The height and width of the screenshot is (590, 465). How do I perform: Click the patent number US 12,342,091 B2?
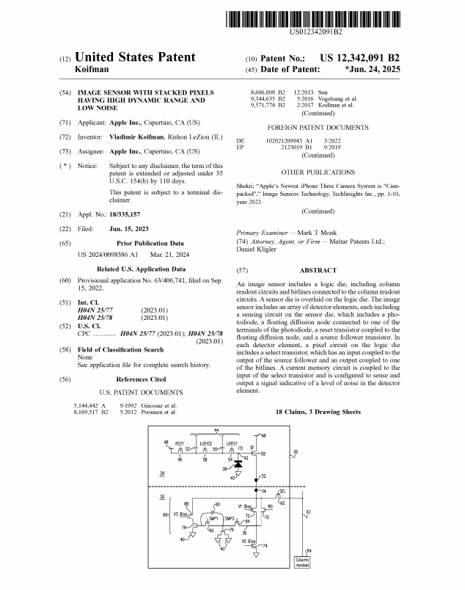tap(359, 58)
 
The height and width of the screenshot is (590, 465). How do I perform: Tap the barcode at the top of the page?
tap(313, 19)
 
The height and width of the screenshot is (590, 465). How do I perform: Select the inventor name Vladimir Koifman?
tap(136, 137)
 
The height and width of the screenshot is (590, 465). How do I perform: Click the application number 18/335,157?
tap(125, 214)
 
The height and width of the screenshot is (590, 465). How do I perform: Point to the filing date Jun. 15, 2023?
tap(128, 229)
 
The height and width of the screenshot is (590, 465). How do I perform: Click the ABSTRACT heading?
tap(318, 270)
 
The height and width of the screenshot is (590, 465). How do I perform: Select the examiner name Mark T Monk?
tap(317, 233)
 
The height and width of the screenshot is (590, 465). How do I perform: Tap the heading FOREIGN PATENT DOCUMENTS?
tap(318, 128)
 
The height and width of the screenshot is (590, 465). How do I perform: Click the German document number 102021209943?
tap(284, 141)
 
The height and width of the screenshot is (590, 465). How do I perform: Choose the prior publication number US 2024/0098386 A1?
tap(108, 255)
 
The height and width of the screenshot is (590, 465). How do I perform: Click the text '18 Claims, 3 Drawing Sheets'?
tap(318, 412)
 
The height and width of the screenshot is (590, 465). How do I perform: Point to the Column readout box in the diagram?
tap(302, 562)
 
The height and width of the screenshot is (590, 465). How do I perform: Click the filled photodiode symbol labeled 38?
tap(238, 465)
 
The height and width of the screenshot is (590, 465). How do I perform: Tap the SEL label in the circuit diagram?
tap(282, 492)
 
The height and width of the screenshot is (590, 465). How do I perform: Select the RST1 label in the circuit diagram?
tap(180, 444)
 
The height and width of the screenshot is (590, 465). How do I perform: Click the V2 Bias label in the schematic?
tap(249, 541)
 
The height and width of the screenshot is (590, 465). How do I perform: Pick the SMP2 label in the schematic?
tap(230, 519)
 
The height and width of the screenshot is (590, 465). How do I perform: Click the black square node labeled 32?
tap(256, 480)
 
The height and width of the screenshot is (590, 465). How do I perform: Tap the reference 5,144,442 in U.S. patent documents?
tap(86, 406)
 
